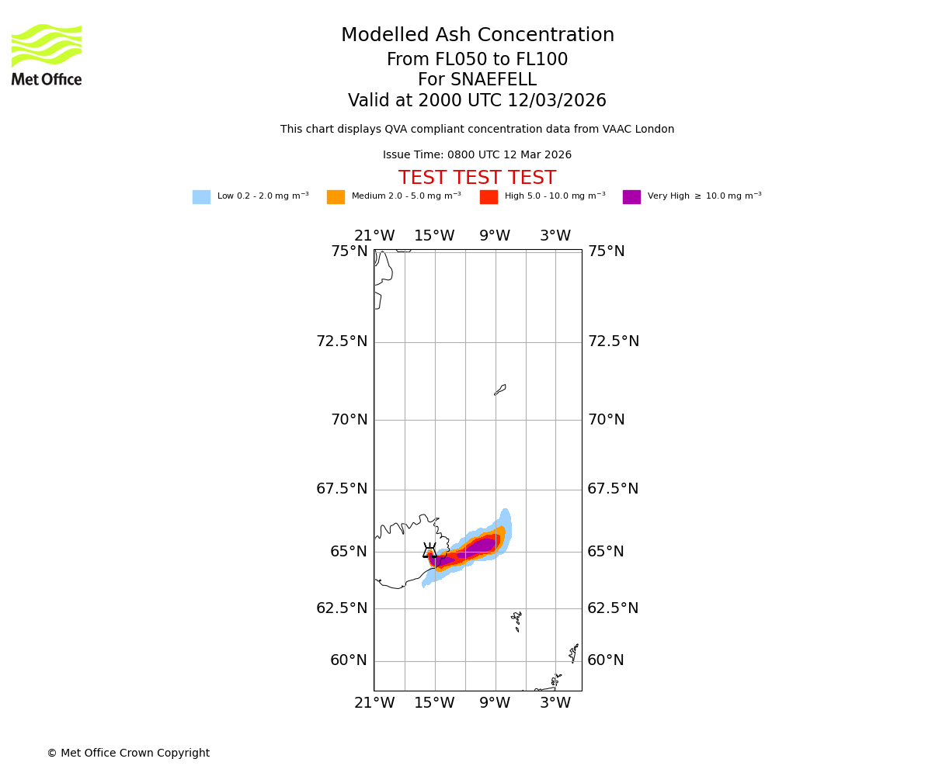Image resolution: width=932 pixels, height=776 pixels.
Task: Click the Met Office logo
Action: click(47, 54)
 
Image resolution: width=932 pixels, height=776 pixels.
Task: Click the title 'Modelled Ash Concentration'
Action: click(477, 36)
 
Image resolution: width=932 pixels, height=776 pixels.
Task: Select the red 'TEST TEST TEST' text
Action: click(477, 178)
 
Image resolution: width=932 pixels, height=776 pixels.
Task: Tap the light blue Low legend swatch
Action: click(201, 197)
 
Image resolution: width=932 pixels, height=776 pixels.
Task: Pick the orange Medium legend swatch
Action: click(336, 197)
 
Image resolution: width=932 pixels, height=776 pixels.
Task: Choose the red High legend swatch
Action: click(489, 197)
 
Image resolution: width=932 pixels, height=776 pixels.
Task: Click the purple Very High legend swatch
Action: click(631, 197)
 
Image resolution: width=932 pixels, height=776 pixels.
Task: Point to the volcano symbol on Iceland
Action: click(429, 551)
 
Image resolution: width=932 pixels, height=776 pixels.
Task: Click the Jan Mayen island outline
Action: click(500, 390)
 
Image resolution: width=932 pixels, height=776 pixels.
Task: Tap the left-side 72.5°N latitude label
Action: click(342, 341)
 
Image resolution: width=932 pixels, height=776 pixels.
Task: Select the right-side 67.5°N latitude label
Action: click(613, 489)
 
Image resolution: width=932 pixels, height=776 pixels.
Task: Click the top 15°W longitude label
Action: click(434, 236)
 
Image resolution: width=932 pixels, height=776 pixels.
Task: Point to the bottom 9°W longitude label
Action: click(495, 703)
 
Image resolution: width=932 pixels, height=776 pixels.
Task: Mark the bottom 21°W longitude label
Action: click(374, 703)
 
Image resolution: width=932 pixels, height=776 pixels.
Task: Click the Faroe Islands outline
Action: click(517, 620)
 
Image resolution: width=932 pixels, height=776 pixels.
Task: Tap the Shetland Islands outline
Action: click(575, 652)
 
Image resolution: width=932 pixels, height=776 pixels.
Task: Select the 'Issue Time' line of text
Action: click(477, 155)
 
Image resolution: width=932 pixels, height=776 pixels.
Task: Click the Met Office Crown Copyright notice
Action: click(128, 753)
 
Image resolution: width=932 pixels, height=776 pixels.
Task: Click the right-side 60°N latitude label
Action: click(606, 660)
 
